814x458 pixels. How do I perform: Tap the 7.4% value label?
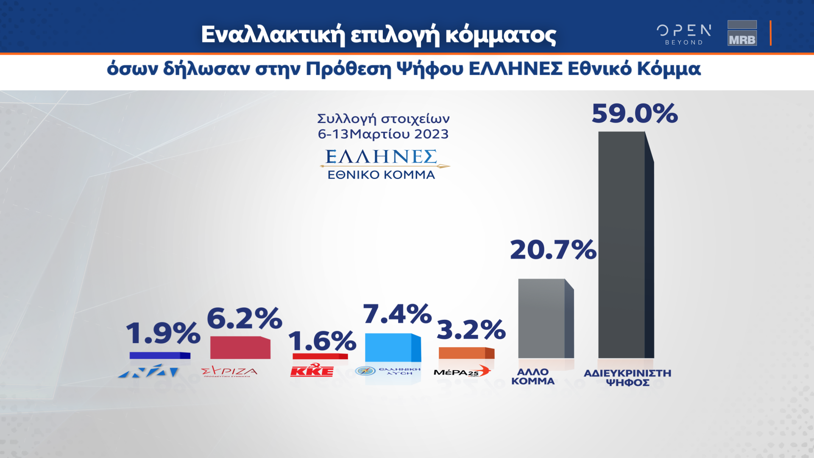pyautogui.click(x=397, y=314)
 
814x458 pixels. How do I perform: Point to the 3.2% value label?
pyautogui.click(x=471, y=330)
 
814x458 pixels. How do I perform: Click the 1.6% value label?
pyautogui.click(x=322, y=341)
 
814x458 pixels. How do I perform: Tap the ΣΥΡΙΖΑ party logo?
pyautogui.click(x=229, y=371)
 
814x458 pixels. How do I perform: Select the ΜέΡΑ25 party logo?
pyautogui.click(x=462, y=371)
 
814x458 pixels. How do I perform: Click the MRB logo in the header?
pyautogui.click(x=742, y=33)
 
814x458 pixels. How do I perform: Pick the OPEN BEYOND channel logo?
pyautogui.click(x=684, y=34)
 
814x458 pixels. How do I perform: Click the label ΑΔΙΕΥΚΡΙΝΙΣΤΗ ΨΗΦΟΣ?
pyautogui.click(x=627, y=378)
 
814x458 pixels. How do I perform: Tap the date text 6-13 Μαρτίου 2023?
pyautogui.click(x=383, y=134)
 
